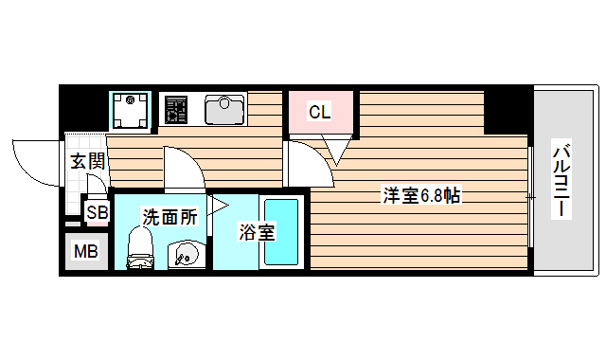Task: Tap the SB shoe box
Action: (x=97, y=212)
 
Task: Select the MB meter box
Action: (x=85, y=251)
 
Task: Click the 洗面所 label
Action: (x=169, y=216)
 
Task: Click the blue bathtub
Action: (x=281, y=231)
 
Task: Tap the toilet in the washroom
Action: (x=139, y=248)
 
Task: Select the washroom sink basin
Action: (x=185, y=254)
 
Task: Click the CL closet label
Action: (x=319, y=113)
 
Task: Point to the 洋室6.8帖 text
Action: (x=421, y=197)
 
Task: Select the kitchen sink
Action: (x=223, y=110)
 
